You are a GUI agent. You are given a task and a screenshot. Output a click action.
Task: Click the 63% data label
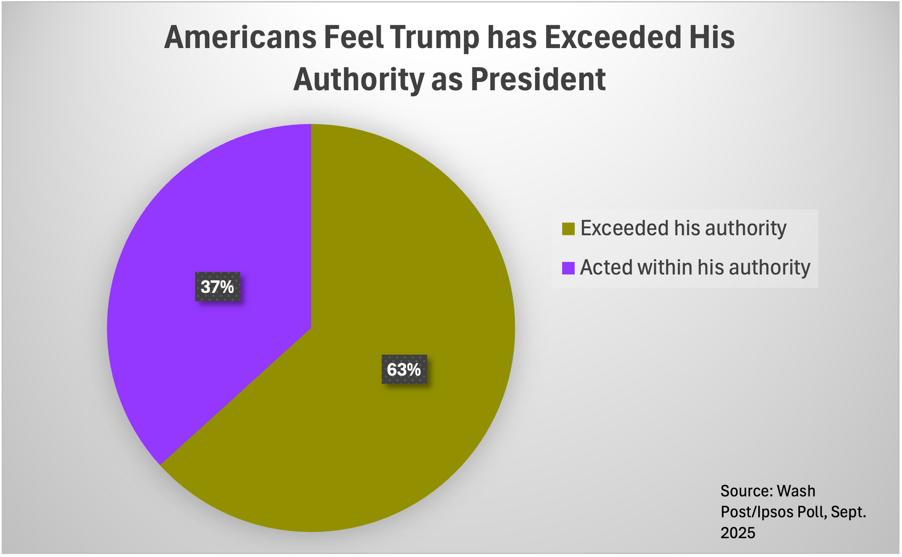pyautogui.click(x=404, y=370)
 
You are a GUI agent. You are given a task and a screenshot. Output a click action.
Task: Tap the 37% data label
pyautogui.click(x=218, y=286)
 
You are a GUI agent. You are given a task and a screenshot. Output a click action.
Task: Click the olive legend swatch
pyautogui.click(x=568, y=229)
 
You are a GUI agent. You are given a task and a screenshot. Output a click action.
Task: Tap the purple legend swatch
pyautogui.click(x=568, y=268)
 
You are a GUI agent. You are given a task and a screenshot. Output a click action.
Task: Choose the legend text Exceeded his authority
pyautogui.click(x=683, y=228)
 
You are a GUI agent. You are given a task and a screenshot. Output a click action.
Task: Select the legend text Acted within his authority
pyautogui.click(x=695, y=268)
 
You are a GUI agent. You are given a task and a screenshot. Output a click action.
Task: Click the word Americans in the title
pyautogui.click(x=240, y=37)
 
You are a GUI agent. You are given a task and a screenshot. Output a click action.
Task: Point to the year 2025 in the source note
pyautogui.click(x=738, y=533)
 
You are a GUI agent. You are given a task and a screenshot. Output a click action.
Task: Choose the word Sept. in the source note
pyautogui.click(x=848, y=512)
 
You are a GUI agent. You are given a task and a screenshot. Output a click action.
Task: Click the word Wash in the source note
pyautogui.click(x=796, y=491)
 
